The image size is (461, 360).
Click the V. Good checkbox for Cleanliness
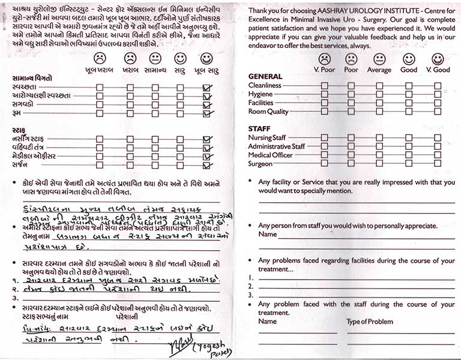pyautogui.click(x=438, y=85)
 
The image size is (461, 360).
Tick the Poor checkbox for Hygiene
pyautogui.click(x=351, y=94)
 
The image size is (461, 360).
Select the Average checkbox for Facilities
pyautogui.click(x=379, y=103)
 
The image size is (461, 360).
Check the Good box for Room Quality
pyautogui.click(x=409, y=112)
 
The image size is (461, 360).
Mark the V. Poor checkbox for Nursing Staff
pyautogui.click(x=324, y=137)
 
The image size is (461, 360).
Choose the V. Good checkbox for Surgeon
pyautogui.click(x=438, y=164)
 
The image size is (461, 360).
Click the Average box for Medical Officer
pyautogui.click(x=379, y=155)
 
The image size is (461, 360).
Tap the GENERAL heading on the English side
pyautogui.click(x=265, y=76)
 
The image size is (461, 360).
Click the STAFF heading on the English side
pyautogui.click(x=259, y=128)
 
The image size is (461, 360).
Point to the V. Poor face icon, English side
pyautogui.click(x=324, y=59)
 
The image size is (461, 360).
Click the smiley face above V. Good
pyautogui.click(x=438, y=59)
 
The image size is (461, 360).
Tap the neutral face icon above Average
pyautogui.click(x=379, y=59)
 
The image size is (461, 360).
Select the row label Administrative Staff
pyautogui.click(x=277, y=146)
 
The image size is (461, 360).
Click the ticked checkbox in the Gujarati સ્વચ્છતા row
pyautogui.click(x=208, y=88)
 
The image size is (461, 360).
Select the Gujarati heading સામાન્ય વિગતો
pyautogui.click(x=35, y=79)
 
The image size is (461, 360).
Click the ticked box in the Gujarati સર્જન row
pyautogui.click(x=208, y=166)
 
